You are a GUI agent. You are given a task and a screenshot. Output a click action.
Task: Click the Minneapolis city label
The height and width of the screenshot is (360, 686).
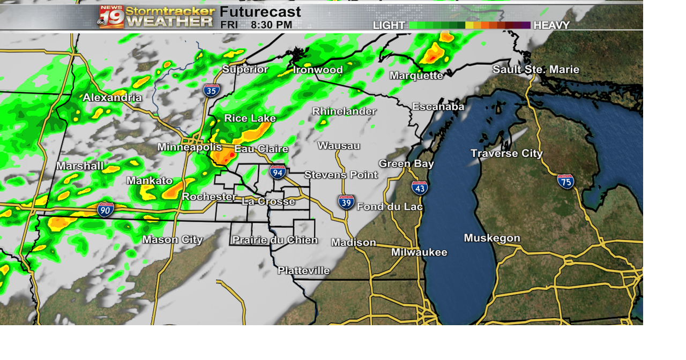[x=189, y=147]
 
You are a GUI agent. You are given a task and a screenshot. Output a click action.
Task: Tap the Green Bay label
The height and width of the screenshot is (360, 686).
[x=406, y=164]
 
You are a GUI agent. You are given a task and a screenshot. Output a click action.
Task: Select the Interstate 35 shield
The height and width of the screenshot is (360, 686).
[x=211, y=90]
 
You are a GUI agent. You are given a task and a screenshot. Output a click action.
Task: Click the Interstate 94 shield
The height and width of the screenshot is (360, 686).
[x=277, y=172]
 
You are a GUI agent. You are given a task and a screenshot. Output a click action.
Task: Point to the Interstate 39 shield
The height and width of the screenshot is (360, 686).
[x=346, y=202]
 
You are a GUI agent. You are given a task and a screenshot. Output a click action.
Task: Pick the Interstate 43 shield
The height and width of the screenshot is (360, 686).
[x=420, y=187]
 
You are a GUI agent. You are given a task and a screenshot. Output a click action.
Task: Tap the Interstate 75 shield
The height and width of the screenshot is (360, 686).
[x=565, y=181]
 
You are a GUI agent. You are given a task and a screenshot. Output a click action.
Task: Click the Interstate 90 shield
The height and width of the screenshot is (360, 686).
[x=106, y=209]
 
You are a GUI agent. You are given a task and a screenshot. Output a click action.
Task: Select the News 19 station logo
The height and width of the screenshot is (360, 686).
[x=111, y=17]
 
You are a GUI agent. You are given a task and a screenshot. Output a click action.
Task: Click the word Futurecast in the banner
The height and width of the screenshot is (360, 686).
[x=260, y=12]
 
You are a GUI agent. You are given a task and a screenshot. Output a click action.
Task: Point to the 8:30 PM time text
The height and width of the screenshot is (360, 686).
[x=271, y=25]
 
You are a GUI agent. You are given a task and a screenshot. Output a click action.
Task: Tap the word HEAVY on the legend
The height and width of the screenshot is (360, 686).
[x=551, y=25]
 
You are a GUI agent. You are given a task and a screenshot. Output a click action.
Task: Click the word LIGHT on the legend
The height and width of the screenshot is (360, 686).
[x=389, y=25]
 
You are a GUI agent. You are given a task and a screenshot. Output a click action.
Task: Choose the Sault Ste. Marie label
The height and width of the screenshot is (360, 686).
[x=536, y=70]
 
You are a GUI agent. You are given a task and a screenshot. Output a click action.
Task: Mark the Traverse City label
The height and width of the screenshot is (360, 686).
[x=506, y=154]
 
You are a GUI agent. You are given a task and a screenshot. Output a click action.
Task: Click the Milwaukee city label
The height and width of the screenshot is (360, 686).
[x=419, y=252]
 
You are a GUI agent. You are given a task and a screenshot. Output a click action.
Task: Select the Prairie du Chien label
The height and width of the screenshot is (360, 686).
[x=275, y=240]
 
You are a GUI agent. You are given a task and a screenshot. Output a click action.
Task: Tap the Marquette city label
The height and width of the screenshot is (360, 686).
[x=416, y=76]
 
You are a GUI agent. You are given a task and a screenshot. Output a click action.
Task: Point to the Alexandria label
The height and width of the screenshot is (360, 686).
[x=112, y=97]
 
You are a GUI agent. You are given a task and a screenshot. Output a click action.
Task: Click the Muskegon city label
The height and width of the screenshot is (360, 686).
[x=492, y=238]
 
